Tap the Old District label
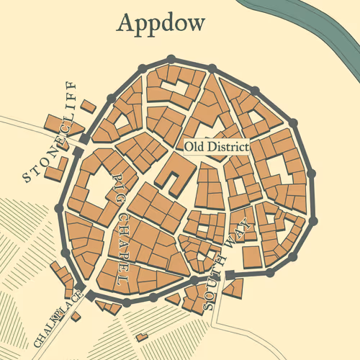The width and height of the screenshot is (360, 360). [x=216, y=147]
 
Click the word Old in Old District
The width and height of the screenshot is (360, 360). [x=193, y=147]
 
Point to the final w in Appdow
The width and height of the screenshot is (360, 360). [x=195, y=24]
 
